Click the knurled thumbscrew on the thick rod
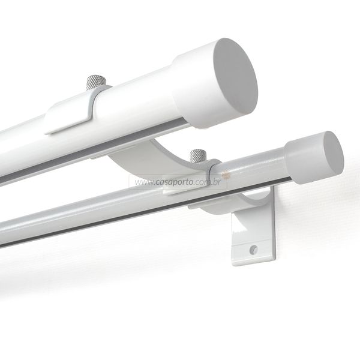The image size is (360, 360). coord(96,82)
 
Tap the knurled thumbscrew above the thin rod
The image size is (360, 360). coord(198,155)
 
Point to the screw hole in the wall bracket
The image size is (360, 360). coord(253,250)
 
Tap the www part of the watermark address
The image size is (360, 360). coord(144,183)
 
